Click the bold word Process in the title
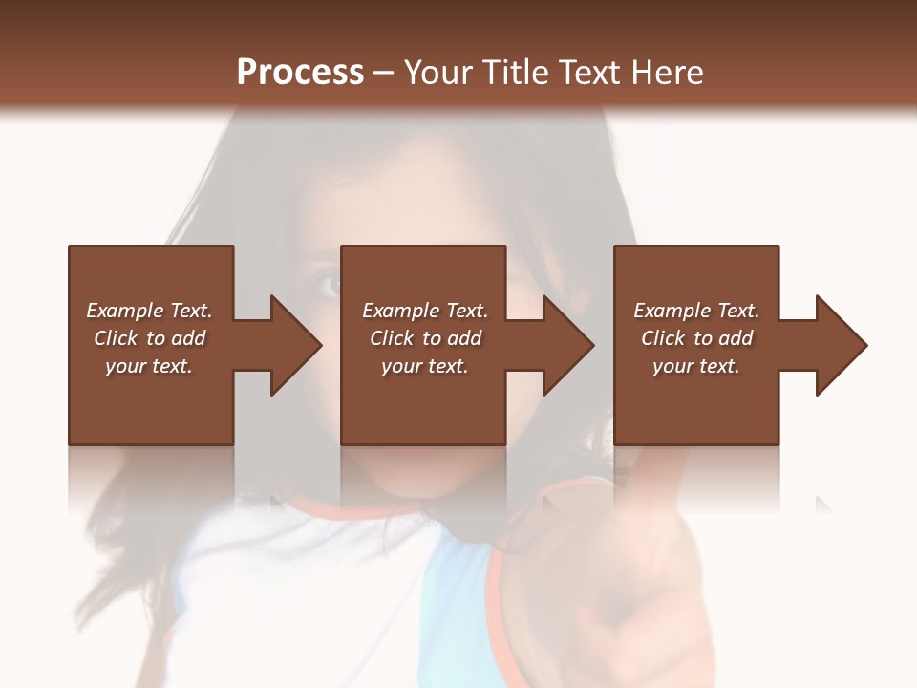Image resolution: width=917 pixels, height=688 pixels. coord(300,73)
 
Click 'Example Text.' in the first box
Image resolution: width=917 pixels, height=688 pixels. coord(149,311)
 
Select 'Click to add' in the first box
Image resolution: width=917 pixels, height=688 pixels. coord(149,338)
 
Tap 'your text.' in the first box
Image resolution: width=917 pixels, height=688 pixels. coord(149,366)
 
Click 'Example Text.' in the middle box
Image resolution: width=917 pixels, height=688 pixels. coord(424,311)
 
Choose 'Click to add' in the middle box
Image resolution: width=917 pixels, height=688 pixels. coord(424,338)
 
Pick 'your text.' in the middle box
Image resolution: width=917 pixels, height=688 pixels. coord(424,366)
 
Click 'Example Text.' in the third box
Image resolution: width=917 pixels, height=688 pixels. coord(696,311)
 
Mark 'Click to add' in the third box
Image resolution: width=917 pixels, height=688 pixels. coord(696,338)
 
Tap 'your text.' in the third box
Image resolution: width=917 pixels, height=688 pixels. coord(696,366)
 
